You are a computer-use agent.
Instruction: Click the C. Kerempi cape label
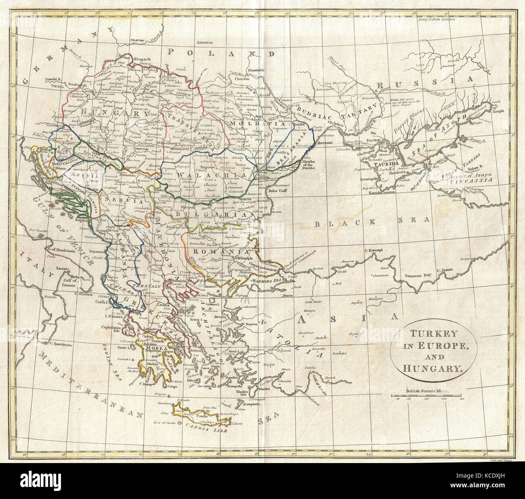[x=374, y=251]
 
